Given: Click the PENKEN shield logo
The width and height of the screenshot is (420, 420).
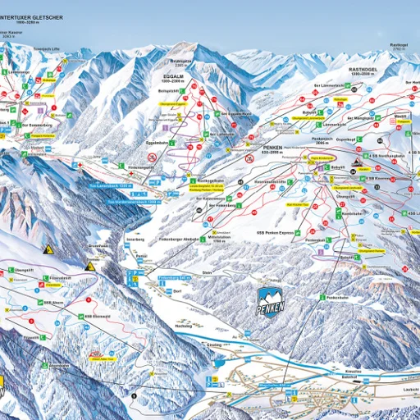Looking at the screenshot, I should pyautogui.click(x=272, y=302).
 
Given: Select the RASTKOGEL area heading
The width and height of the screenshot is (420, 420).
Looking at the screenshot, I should pyautogui.click(x=363, y=71).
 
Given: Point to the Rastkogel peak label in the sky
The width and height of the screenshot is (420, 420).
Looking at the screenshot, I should pyautogui.click(x=399, y=46).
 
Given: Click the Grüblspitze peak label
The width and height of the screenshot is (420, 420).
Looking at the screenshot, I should pyautogui.click(x=180, y=60).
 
